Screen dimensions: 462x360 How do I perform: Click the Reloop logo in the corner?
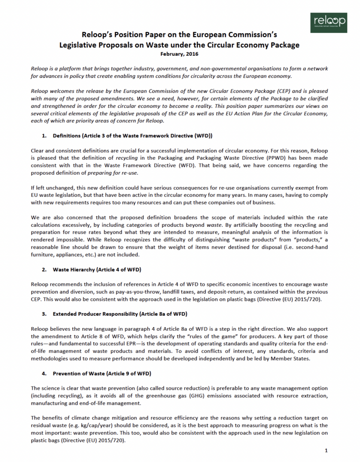[x=329, y=22]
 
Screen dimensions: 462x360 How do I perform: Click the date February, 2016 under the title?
[x=180, y=54]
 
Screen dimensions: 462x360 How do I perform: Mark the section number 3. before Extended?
[x=44, y=313]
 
